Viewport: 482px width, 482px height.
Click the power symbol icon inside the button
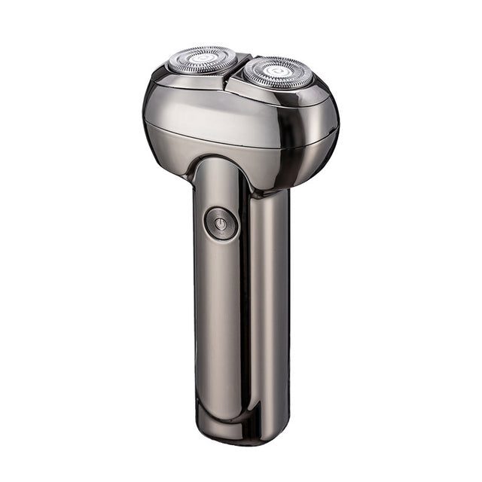click(221, 224)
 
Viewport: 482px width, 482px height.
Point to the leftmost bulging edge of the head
click(145, 120)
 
